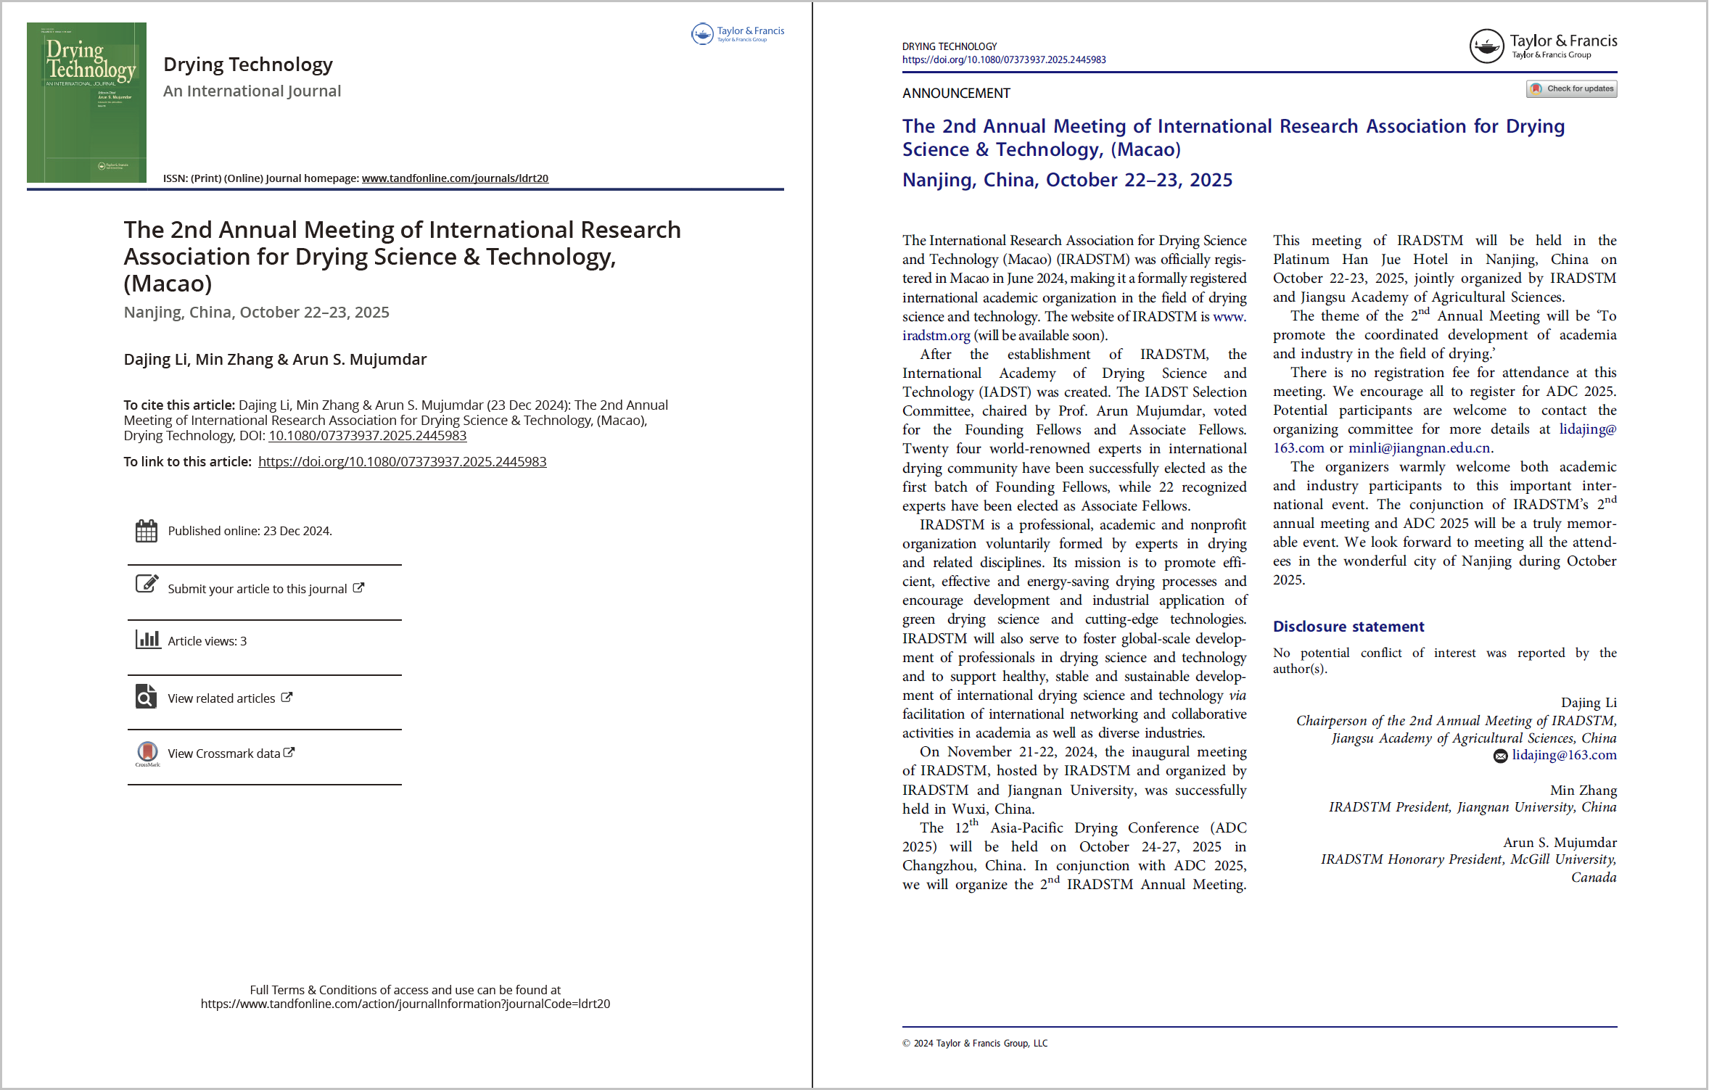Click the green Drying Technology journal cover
pyautogui.click(x=86, y=102)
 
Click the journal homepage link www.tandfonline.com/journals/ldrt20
pyautogui.click(x=455, y=178)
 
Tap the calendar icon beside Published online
pyautogui.click(x=147, y=531)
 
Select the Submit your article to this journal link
pyautogui.click(x=258, y=589)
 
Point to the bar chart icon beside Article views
pyautogui.click(x=148, y=640)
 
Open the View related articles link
pyautogui.click(x=222, y=698)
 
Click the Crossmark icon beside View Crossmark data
pyautogui.click(x=147, y=752)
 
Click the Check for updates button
pyautogui.click(x=1572, y=89)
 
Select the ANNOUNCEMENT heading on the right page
pyautogui.click(x=956, y=94)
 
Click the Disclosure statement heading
pyautogui.click(x=1348, y=627)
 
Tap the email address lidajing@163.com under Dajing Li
pyautogui.click(x=1564, y=756)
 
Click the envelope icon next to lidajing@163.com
pyautogui.click(x=1500, y=756)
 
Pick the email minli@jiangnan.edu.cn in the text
pyautogui.click(x=1419, y=448)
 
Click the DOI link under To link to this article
pyautogui.click(x=402, y=462)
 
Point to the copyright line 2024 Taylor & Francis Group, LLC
pyautogui.click(x=975, y=1044)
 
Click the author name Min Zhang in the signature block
pyautogui.click(x=1583, y=790)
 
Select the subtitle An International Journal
pyautogui.click(x=252, y=91)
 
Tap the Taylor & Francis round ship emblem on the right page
pyautogui.click(x=1486, y=47)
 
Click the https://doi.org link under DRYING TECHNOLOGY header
pyautogui.click(x=1004, y=60)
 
